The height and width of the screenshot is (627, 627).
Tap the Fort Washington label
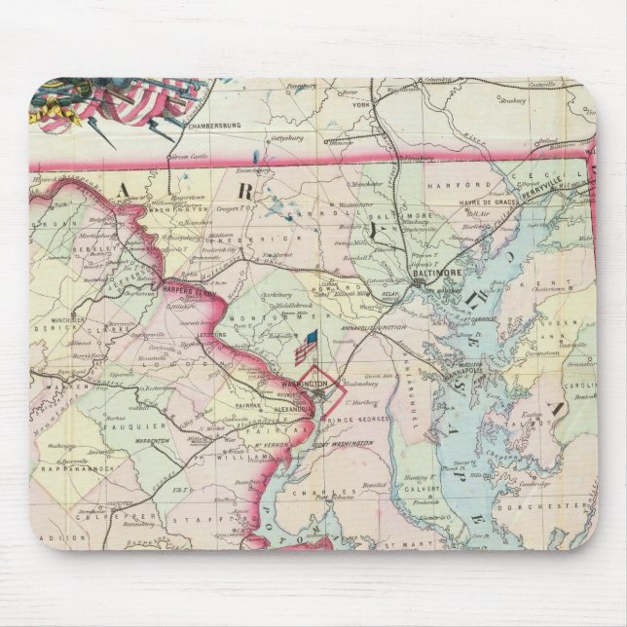[344, 443]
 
